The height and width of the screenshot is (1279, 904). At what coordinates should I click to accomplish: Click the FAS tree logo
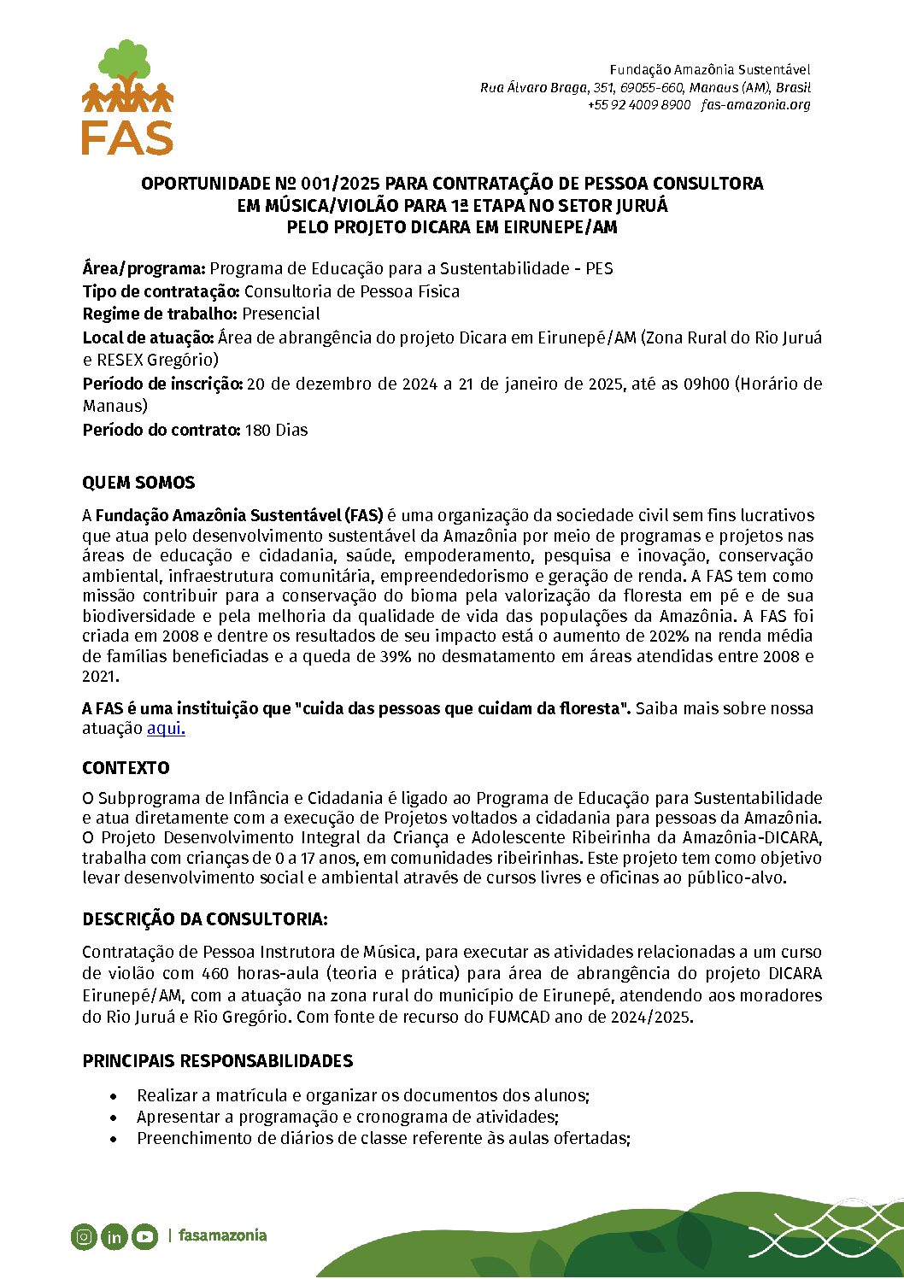[127, 97]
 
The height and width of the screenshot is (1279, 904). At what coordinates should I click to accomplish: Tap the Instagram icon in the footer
[84, 1236]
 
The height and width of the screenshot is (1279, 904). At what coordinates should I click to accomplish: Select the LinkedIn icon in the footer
[114, 1236]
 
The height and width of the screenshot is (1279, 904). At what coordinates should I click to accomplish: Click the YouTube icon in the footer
[144, 1236]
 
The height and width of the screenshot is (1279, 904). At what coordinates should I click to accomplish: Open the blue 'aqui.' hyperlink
[166, 729]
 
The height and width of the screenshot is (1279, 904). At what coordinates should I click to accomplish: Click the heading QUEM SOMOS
[138, 483]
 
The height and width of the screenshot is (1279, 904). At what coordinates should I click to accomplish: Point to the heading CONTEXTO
[126, 767]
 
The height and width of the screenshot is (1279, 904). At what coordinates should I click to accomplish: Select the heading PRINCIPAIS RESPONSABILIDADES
[217, 1061]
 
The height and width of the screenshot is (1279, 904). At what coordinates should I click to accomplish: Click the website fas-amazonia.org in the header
[755, 105]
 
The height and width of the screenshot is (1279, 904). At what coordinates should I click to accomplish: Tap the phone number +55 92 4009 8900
[638, 105]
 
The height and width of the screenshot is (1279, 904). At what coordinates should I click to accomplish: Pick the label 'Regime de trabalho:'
[160, 314]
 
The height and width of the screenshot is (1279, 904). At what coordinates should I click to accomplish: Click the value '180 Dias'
[276, 430]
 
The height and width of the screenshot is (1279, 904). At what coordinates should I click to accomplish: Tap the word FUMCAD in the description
[520, 1017]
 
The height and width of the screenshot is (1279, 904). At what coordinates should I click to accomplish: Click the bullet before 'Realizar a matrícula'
[114, 1096]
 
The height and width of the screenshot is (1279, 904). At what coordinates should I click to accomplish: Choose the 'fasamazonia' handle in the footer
[222, 1235]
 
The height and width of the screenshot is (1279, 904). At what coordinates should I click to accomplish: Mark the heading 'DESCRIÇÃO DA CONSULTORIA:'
[205, 919]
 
